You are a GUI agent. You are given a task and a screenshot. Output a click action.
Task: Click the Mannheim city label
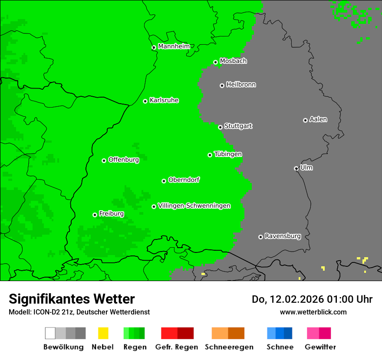(174, 46)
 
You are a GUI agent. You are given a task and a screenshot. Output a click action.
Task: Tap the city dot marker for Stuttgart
(221, 127)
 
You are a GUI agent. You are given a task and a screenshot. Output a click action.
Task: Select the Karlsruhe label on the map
(164, 100)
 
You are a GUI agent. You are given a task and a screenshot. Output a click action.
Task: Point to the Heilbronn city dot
(222, 85)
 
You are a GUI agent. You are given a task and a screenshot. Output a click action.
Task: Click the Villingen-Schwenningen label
(194, 206)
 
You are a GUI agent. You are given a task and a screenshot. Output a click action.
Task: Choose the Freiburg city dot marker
(95, 215)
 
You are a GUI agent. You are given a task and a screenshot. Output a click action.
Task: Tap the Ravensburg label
(283, 236)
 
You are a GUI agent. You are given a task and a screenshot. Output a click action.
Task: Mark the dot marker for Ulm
(296, 168)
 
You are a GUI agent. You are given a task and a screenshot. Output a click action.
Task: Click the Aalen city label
(318, 119)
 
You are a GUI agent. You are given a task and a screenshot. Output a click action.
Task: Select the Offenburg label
(123, 160)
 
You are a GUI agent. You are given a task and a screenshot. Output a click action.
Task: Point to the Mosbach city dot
(215, 62)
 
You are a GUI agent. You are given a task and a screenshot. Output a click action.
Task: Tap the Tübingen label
(228, 154)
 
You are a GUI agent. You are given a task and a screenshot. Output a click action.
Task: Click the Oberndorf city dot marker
(164, 181)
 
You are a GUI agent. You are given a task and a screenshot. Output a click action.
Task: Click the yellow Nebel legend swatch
(103, 333)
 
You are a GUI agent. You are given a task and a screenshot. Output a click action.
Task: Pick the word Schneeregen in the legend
(229, 347)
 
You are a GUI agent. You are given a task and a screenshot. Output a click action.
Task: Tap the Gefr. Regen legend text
(177, 347)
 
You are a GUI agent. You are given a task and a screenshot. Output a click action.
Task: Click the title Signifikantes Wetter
(72, 299)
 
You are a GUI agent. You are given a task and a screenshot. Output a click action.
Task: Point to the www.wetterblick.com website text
(313, 312)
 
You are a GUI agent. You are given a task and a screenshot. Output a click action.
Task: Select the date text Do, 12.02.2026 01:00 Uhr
(312, 299)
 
